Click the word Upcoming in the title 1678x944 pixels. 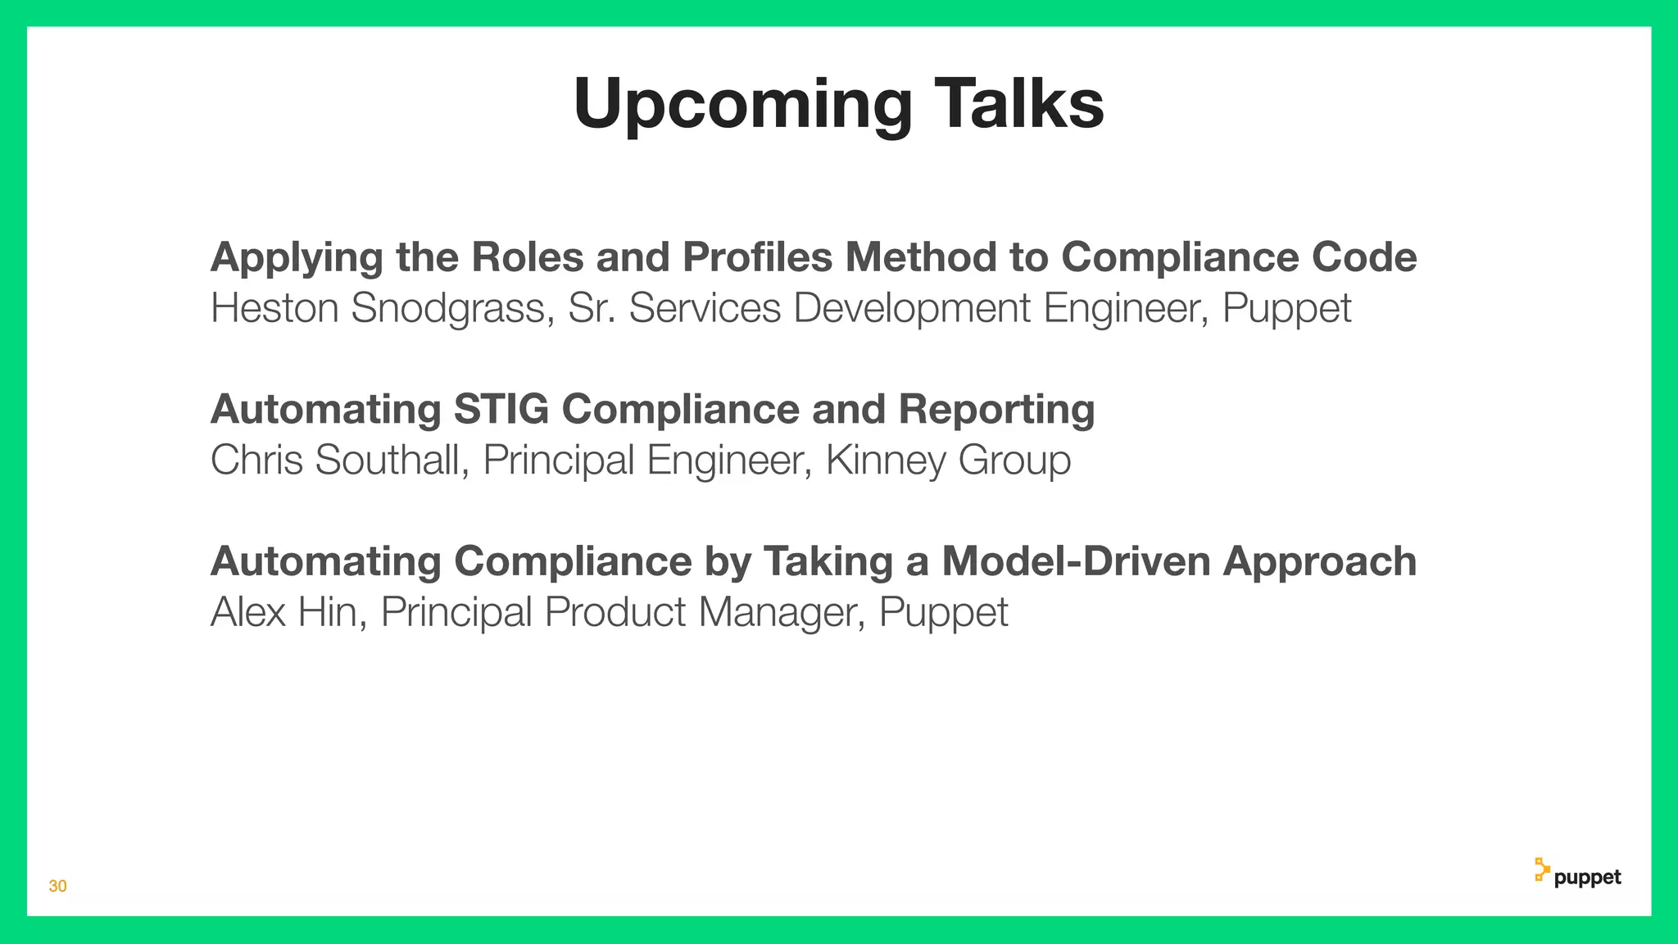coord(742,105)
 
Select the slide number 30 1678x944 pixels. coord(57,886)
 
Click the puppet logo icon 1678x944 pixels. coord(1542,870)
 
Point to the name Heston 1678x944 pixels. coord(274,308)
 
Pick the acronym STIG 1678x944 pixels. coord(501,409)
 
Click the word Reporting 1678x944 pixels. coord(996,411)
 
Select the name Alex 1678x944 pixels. coord(247,612)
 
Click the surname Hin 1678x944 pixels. coord(332,612)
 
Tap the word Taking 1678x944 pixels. coord(828,563)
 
